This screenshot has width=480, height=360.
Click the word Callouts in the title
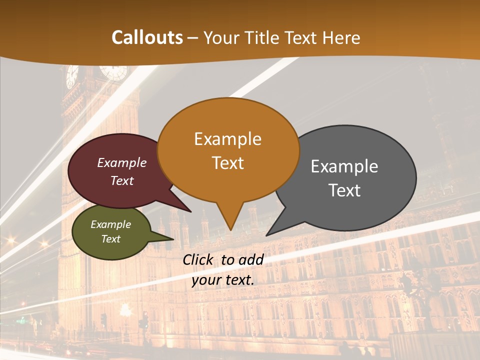pyautogui.click(x=147, y=37)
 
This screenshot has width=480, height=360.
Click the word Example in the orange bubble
pyautogui.click(x=228, y=139)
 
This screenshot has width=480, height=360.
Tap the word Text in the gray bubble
pyautogui.click(x=345, y=190)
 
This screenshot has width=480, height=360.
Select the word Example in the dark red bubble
pyautogui.click(x=122, y=162)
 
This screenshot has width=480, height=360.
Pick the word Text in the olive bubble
pyautogui.click(x=111, y=239)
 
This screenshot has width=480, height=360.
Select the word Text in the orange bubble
pyautogui.click(x=228, y=163)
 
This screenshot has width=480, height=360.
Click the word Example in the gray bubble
pyautogui.click(x=344, y=166)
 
